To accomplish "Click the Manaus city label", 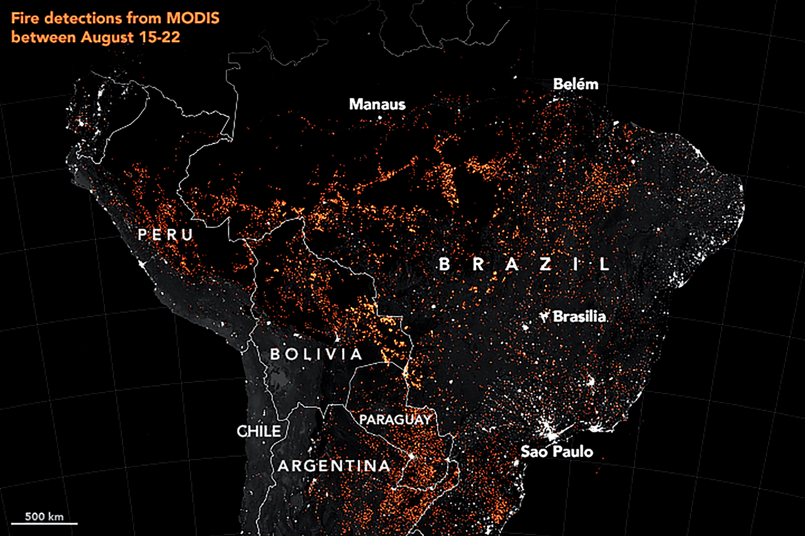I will [x=377, y=104].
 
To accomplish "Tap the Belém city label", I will [x=575, y=84].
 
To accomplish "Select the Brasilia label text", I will [x=579, y=317].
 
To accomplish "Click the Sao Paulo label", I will [x=557, y=451].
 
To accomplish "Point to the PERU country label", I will [x=165, y=236].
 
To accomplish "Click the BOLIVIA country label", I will [x=316, y=354].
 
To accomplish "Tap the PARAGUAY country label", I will [x=395, y=419].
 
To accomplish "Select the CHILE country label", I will [x=258, y=431].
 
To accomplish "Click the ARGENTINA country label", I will [x=334, y=466].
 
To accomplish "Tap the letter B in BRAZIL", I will [x=444, y=265].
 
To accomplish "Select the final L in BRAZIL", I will [x=604, y=265].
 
